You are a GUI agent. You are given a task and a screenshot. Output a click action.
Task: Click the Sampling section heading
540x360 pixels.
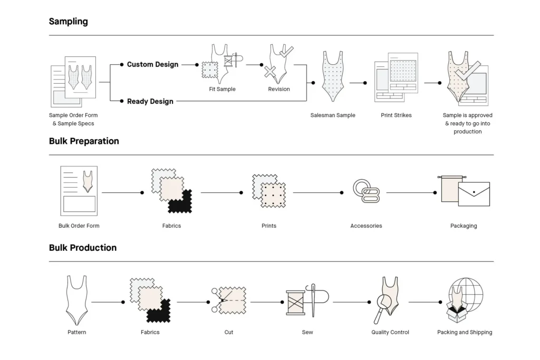[x=69, y=22]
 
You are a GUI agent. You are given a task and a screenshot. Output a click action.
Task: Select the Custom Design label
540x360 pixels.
[x=152, y=64]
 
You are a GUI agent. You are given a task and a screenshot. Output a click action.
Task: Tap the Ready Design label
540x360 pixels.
[x=150, y=101]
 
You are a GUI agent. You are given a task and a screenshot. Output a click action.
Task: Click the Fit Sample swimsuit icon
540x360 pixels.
[x=220, y=63]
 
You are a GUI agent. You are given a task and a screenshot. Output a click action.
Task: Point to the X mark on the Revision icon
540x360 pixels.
[x=271, y=72]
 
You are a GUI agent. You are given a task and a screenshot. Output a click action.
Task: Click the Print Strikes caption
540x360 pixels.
[x=396, y=115]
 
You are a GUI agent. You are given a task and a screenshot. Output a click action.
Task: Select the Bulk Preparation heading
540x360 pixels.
[x=84, y=141]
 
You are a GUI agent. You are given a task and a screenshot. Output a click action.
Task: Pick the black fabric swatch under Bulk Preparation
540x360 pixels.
[x=181, y=202]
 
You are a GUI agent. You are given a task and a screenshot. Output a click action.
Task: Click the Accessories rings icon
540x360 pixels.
[x=363, y=190]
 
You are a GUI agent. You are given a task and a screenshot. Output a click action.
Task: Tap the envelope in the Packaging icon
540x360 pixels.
[x=474, y=194]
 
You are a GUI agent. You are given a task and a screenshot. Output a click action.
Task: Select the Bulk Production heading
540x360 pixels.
[x=83, y=248]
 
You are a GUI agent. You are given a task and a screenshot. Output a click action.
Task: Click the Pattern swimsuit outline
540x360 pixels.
[x=76, y=300]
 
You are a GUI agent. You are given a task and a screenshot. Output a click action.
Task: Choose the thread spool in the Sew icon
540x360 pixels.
[x=296, y=303]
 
